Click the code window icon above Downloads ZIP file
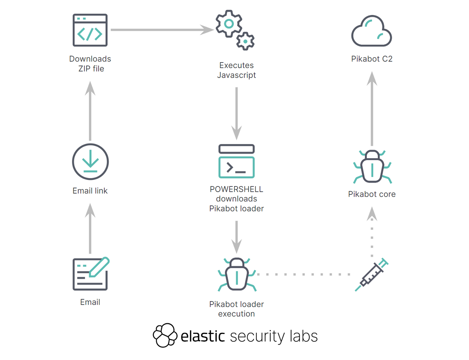[x=90, y=30]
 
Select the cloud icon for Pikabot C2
[x=372, y=32]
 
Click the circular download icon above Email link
[x=90, y=162]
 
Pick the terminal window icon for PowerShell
[x=236, y=161]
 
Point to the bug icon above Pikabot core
[x=372, y=166]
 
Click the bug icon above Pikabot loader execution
[x=237, y=274]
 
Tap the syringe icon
[x=372, y=274]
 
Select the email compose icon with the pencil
[x=91, y=274]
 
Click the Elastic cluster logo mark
[x=165, y=335]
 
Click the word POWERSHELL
[x=236, y=189]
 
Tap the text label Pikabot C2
[x=372, y=59]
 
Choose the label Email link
[x=90, y=191]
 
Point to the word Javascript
[x=236, y=75]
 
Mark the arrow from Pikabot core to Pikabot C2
[x=372, y=109]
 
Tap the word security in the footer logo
[x=255, y=337]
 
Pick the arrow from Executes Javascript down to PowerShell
[x=236, y=113]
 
